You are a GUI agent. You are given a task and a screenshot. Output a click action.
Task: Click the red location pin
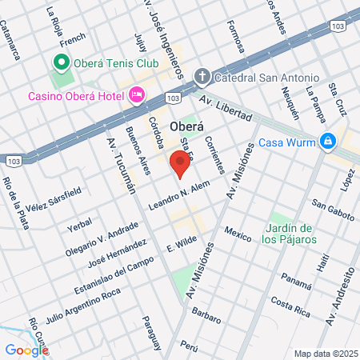[x=180, y=164]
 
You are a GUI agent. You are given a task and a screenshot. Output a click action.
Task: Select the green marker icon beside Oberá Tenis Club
[x=60, y=62]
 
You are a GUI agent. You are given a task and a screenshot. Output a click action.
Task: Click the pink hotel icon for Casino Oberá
[x=137, y=95]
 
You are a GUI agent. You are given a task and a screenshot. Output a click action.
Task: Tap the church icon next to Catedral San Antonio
[x=202, y=78]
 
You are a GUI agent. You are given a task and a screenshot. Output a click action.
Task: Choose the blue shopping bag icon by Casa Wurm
[x=327, y=143]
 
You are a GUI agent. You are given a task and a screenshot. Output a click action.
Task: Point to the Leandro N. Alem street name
[x=178, y=197]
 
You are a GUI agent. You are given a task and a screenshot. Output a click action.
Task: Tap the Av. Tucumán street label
[x=118, y=164]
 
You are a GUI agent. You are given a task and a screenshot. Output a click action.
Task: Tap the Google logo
[x=26, y=349]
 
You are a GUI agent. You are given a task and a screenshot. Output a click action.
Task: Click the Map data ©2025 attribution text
[x=325, y=354]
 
